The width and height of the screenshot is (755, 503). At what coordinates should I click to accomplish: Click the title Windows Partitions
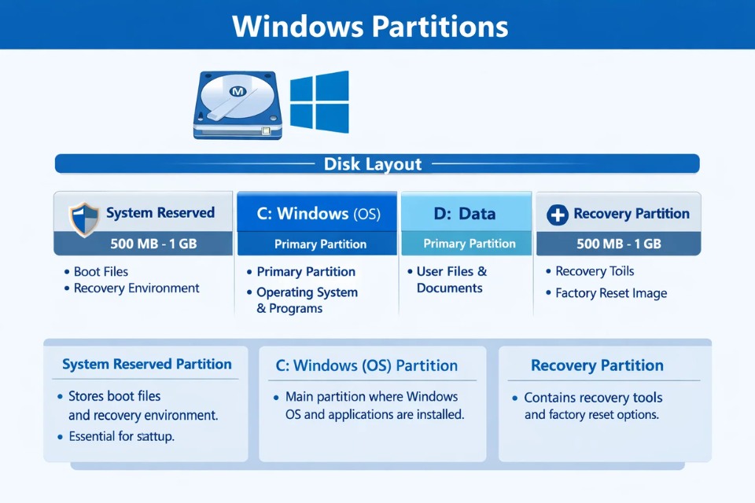pyautogui.click(x=370, y=26)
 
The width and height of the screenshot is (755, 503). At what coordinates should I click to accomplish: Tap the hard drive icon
pyautogui.click(x=237, y=106)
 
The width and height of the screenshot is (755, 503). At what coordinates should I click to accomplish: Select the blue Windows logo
pyautogui.click(x=319, y=101)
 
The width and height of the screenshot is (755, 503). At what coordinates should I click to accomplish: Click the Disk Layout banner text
pyautogui.click(x=373, y=164)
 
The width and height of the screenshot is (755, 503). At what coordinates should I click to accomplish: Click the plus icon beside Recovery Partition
pyautogui.click(x=557, y=215)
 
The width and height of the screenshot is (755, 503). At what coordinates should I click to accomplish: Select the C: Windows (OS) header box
pyautogui.click(x=317, y=213)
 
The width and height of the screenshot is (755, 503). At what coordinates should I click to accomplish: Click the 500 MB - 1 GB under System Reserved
pyautogui.click(x=143, y=244)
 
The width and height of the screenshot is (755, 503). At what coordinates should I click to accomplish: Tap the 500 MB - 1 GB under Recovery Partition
pyautogui.click(x=618, y=244)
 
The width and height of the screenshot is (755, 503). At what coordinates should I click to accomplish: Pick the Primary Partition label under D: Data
pyautogui.click(x=470, y=244)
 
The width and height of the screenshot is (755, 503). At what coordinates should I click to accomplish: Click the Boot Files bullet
pyautogui.click(x=101, y=272)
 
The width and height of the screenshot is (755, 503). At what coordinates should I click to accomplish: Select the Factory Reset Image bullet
pyautogui.click(x=611, y=293)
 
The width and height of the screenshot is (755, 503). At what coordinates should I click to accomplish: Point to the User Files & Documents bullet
pyautogui.click(x=450, y=280)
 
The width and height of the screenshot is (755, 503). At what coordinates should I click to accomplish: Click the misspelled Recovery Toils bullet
pyautogui.click(x=595, y=271)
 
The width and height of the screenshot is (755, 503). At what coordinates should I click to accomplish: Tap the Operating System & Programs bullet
pyautogui.click(x=307, y=300)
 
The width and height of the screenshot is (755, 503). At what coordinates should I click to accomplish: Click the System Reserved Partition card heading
pyautogui.click(x=147, y=365)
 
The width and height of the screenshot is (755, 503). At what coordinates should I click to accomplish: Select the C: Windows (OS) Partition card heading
pyautogui.click(x=366, y=365)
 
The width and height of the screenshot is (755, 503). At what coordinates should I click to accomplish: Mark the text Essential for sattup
pyautogui.click(x=123, y=436)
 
